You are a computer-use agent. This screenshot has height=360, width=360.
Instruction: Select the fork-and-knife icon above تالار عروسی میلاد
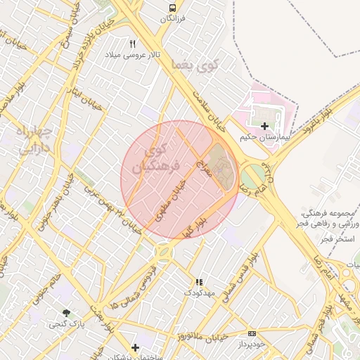pos(133,44)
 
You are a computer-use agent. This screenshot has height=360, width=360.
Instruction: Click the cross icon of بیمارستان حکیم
pos(264,126)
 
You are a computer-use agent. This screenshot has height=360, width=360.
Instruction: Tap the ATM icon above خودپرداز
pos(252,333)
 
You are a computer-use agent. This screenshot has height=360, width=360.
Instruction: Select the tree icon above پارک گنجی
pos(66,313)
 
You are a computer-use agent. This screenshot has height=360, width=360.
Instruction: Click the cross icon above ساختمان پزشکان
pos(135,347)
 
